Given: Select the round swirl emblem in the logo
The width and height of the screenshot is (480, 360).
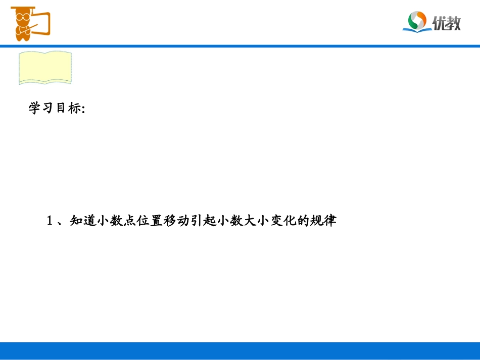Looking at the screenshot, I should point(418,20).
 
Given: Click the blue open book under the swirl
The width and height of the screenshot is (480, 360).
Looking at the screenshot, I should point(417,30).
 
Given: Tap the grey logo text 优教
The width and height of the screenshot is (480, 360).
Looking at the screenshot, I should point(447,22).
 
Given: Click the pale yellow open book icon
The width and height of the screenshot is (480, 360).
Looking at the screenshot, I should point(45,67).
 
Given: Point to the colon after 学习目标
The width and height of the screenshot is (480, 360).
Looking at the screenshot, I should point(83,110).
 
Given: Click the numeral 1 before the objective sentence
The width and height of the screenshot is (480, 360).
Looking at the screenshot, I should point(50,221).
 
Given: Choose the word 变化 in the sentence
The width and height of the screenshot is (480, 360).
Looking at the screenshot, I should point(295,221).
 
